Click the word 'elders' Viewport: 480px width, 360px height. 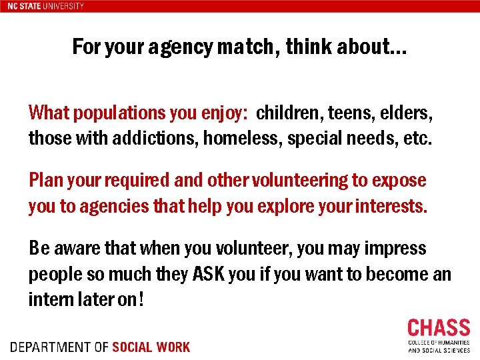pos(408,113)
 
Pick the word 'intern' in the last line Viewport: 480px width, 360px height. pos(49,300)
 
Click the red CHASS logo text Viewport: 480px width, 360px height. pos(438,328)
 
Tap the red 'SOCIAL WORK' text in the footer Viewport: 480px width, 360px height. pos(151,347)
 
